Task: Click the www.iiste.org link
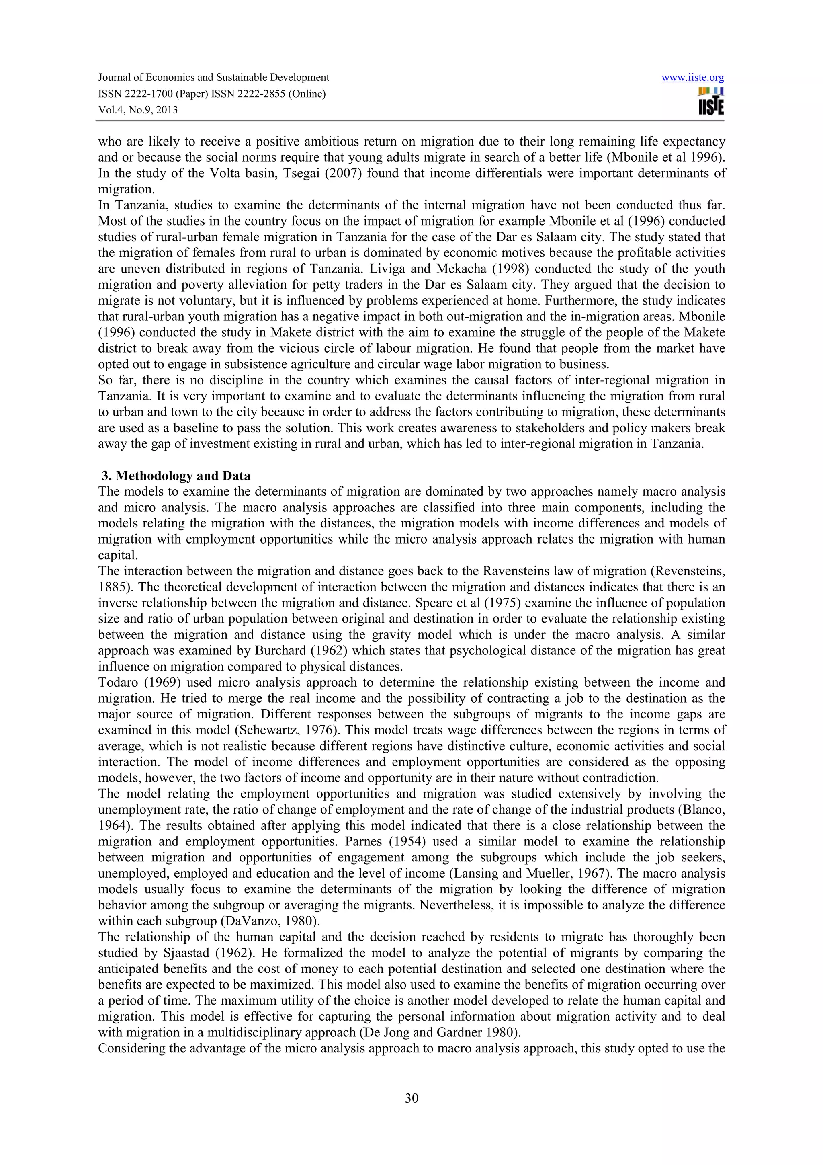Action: [693, 78]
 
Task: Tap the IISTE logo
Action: [711, 101]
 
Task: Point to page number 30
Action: [411, 1099]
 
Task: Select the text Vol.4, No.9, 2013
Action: [138, 110]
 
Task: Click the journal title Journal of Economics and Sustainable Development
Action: [213, 78]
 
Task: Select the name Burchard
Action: [283, 650]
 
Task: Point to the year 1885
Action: [111, 587]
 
